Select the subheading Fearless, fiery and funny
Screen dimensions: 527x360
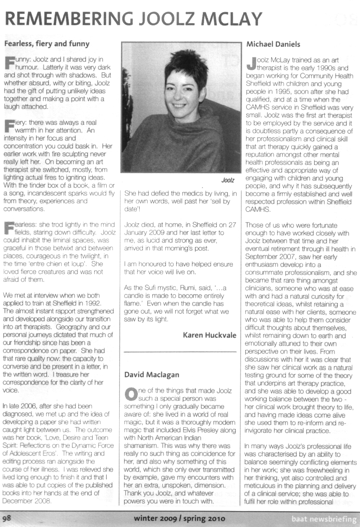46,44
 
